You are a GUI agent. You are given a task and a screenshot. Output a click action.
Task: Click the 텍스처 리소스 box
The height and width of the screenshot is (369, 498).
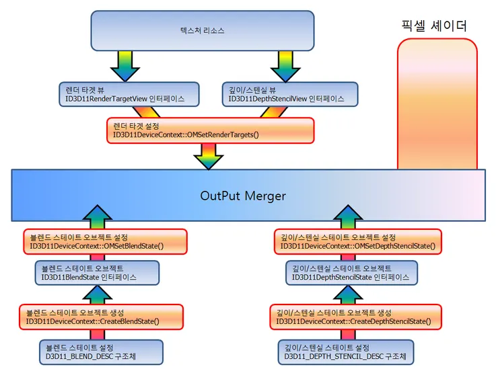203,31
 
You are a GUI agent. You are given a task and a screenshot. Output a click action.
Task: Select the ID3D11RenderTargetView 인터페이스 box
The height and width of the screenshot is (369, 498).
129,94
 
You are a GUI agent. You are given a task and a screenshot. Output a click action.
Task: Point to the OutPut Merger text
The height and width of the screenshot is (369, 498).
243,196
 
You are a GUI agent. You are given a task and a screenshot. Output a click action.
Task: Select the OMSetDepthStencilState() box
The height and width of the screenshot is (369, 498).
359,242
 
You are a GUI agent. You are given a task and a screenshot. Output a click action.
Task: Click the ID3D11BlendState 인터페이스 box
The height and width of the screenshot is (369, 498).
97,272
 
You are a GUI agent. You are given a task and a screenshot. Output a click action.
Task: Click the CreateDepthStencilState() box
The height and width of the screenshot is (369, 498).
359,317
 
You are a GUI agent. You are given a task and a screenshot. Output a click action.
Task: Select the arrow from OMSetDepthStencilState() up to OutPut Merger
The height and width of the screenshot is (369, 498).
348,216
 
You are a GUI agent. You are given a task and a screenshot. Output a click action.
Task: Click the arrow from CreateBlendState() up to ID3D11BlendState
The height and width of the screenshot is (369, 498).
97,294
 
